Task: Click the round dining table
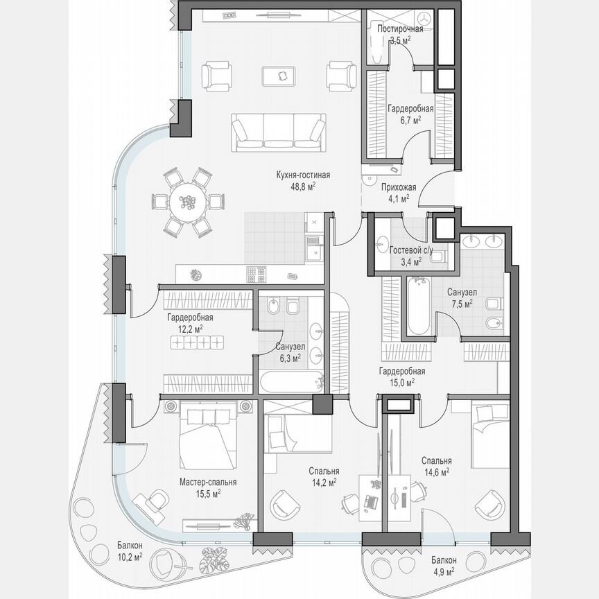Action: (x=187, y=202)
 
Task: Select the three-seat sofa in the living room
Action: (x=278, y=132)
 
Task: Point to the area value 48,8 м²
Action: (x=302, y=186)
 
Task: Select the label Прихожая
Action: (x=398, y=186)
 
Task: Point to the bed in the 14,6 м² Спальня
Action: (x=489, y=433)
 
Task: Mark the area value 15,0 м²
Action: (x=401, y=381)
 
